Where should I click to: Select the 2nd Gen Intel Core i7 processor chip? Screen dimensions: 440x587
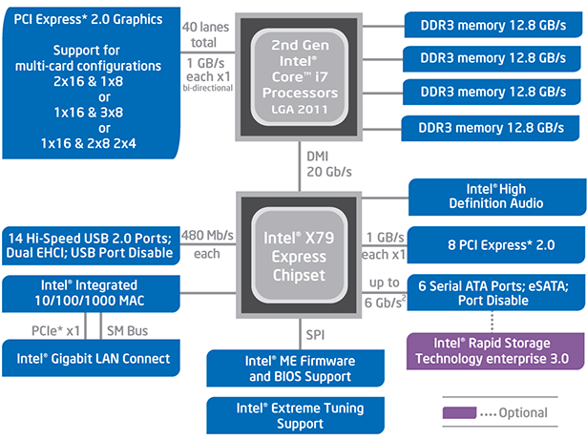294,73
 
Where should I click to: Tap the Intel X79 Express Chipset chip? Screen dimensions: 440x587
294,249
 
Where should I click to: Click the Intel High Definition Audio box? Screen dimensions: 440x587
495,197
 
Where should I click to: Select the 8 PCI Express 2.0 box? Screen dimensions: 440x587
495,244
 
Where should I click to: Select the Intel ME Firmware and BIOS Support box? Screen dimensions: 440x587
295,369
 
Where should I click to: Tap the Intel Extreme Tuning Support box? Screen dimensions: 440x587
295,415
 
